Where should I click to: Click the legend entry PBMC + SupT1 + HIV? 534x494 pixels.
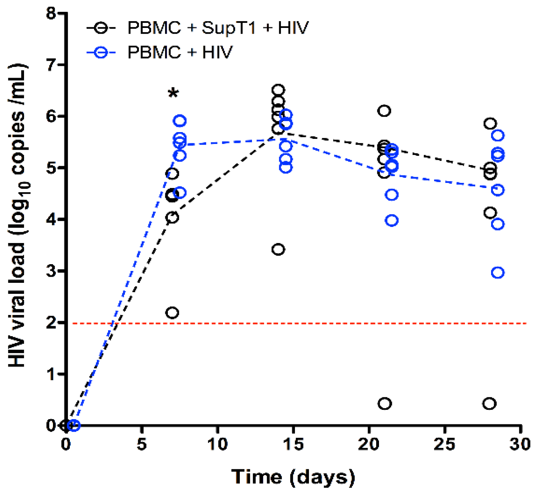point(218,28)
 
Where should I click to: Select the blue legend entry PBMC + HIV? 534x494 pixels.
point(180,53)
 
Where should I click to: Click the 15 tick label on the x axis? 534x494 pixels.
point(293,444)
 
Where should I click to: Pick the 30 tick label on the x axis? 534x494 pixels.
point(520,444)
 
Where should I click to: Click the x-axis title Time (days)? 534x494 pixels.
point(293,477)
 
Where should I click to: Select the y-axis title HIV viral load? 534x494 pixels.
point(18,215)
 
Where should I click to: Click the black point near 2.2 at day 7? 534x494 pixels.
point(172,313)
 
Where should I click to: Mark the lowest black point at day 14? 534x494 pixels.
point(278,250)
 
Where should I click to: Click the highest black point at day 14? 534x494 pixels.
point(278,90)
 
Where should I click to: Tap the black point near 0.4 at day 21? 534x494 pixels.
point(384,404)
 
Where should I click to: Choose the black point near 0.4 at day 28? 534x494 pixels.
point(489,404)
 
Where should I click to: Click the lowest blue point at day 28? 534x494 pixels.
point(498,273)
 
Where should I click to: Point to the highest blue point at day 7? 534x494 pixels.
point(180,121)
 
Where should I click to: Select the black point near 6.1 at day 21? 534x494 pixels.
point(384,111)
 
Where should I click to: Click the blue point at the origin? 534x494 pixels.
point(74,425)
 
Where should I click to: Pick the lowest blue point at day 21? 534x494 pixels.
point(392,221)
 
